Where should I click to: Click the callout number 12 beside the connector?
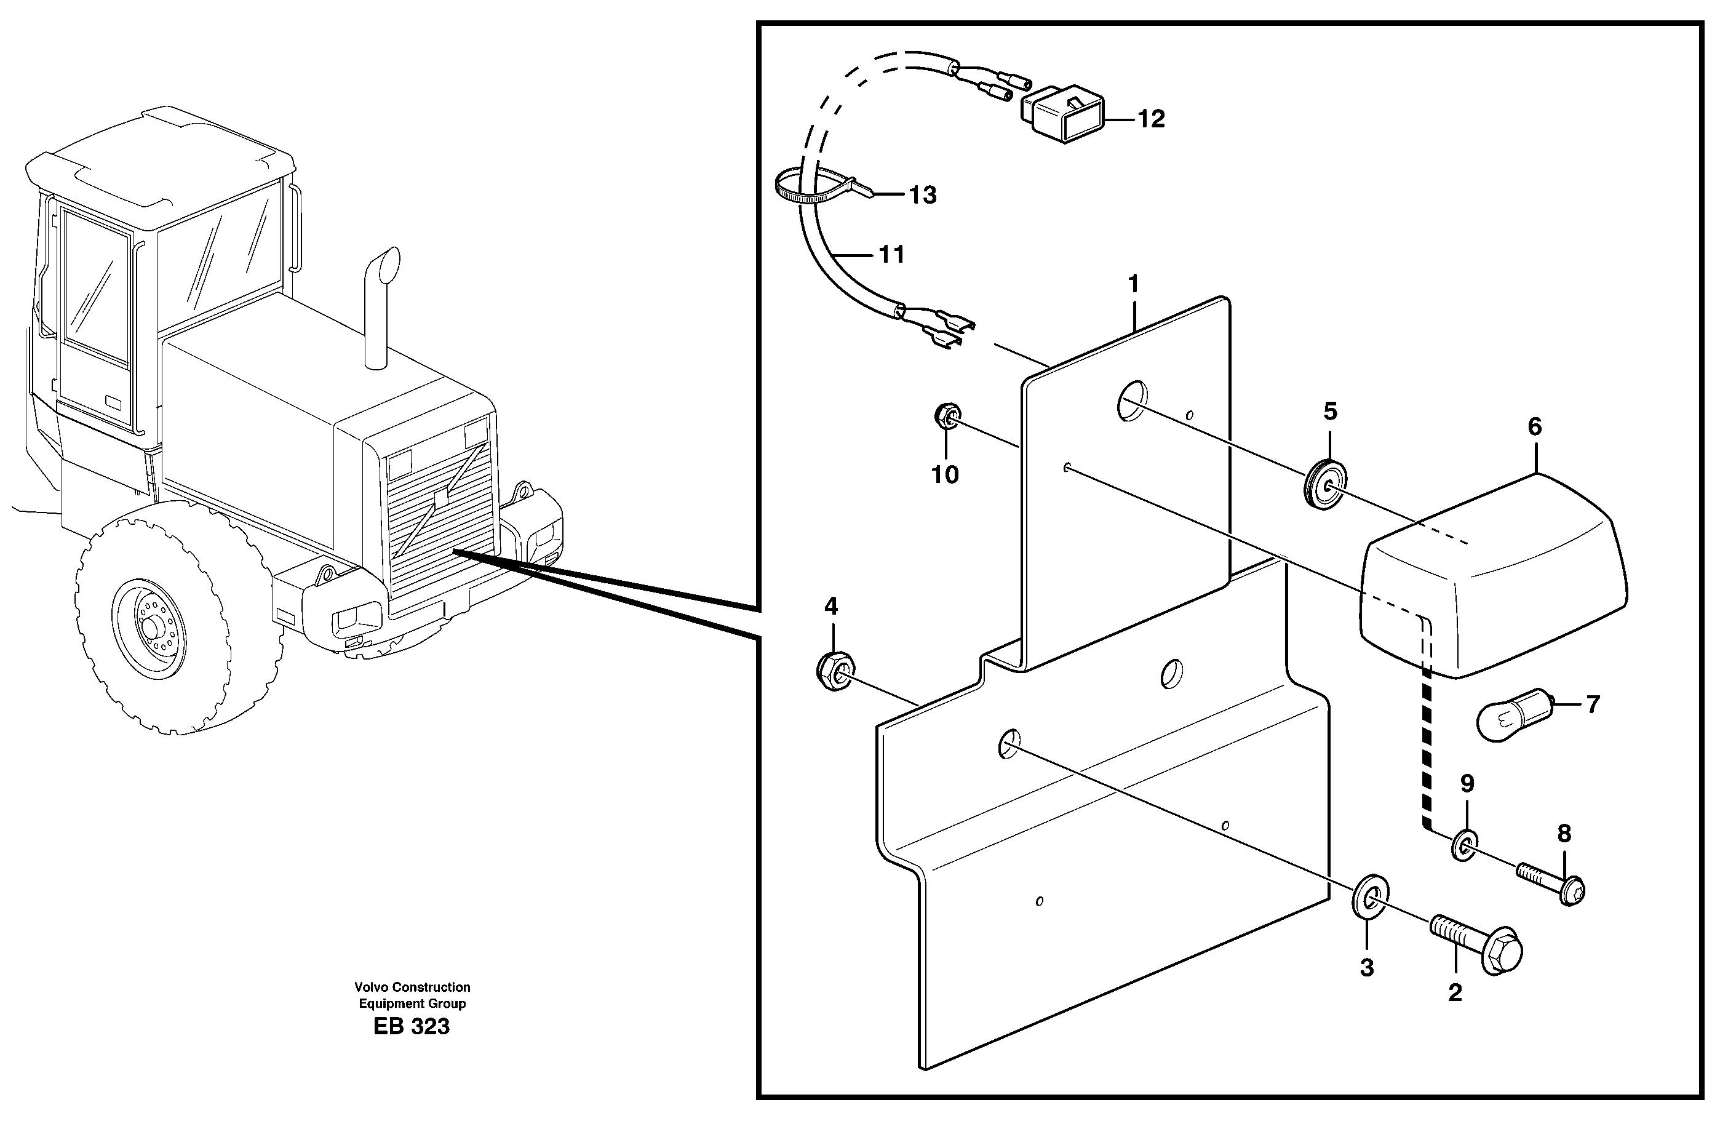[x=1151, y=119]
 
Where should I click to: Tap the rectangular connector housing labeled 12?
[x=1062, y=118]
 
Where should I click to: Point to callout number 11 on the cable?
[x=892, y=255]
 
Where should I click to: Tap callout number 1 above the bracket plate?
[x=1133, y=284]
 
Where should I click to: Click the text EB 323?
[x=411, y=1026]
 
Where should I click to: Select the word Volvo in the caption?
[x=372, y=987]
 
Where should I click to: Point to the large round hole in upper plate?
[x=1132, y=401]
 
